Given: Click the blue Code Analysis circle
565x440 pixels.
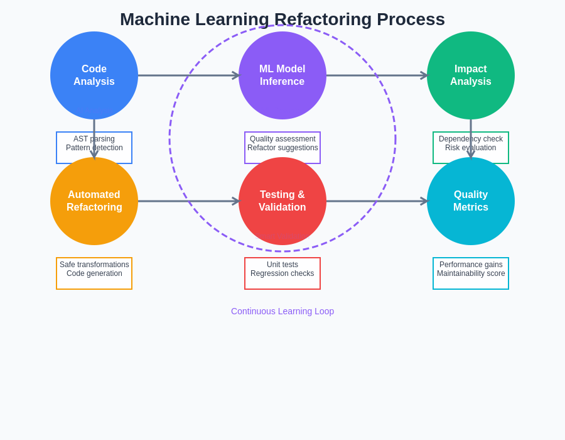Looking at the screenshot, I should pos(94,75).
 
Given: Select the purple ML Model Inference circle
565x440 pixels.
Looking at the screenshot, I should pos(282,75).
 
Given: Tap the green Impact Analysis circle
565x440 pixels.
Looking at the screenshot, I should pos(471,75).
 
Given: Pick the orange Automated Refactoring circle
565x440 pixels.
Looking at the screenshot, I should pos(94,201).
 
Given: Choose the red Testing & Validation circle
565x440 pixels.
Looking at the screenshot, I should pos(282,201).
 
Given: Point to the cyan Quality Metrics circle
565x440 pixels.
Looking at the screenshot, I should pos(471,201).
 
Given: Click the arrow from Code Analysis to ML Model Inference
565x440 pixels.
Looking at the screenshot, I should pos(188,75).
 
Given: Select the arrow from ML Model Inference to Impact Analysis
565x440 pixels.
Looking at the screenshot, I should pos(377,75).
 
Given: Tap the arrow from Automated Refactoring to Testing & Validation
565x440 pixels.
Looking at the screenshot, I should pos(188,201).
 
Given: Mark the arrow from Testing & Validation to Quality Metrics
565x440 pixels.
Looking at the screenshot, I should pos(377,201).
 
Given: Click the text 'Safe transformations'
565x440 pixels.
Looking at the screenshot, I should pos(94,265).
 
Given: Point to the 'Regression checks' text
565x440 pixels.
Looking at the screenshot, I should pos(282,273).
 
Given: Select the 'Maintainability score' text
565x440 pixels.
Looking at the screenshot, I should pos(471,273).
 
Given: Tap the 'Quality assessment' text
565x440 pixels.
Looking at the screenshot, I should pos(282,139).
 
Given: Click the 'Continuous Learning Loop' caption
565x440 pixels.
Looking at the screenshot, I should pos(282,311).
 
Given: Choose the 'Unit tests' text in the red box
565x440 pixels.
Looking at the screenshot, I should pos(282,265).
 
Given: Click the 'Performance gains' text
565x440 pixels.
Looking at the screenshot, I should pos(471,265).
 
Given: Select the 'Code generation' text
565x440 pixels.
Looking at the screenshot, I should pos(94,273).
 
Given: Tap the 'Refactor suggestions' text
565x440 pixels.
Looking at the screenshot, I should pos(282,148).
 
